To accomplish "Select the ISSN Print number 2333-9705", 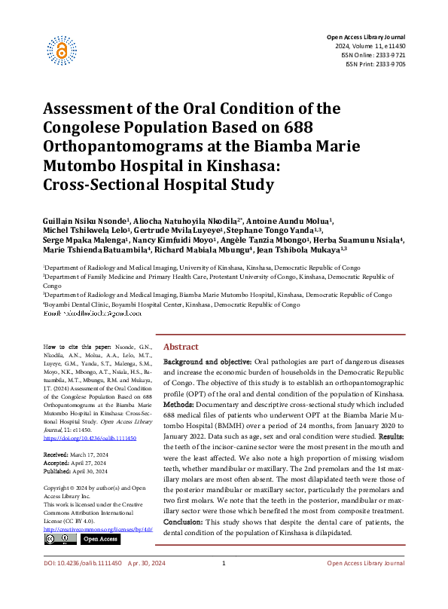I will point(386,64).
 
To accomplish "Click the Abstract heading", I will point(181,346).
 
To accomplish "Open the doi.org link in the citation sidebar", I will point(85,437).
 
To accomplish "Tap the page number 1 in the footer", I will point(224,585).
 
